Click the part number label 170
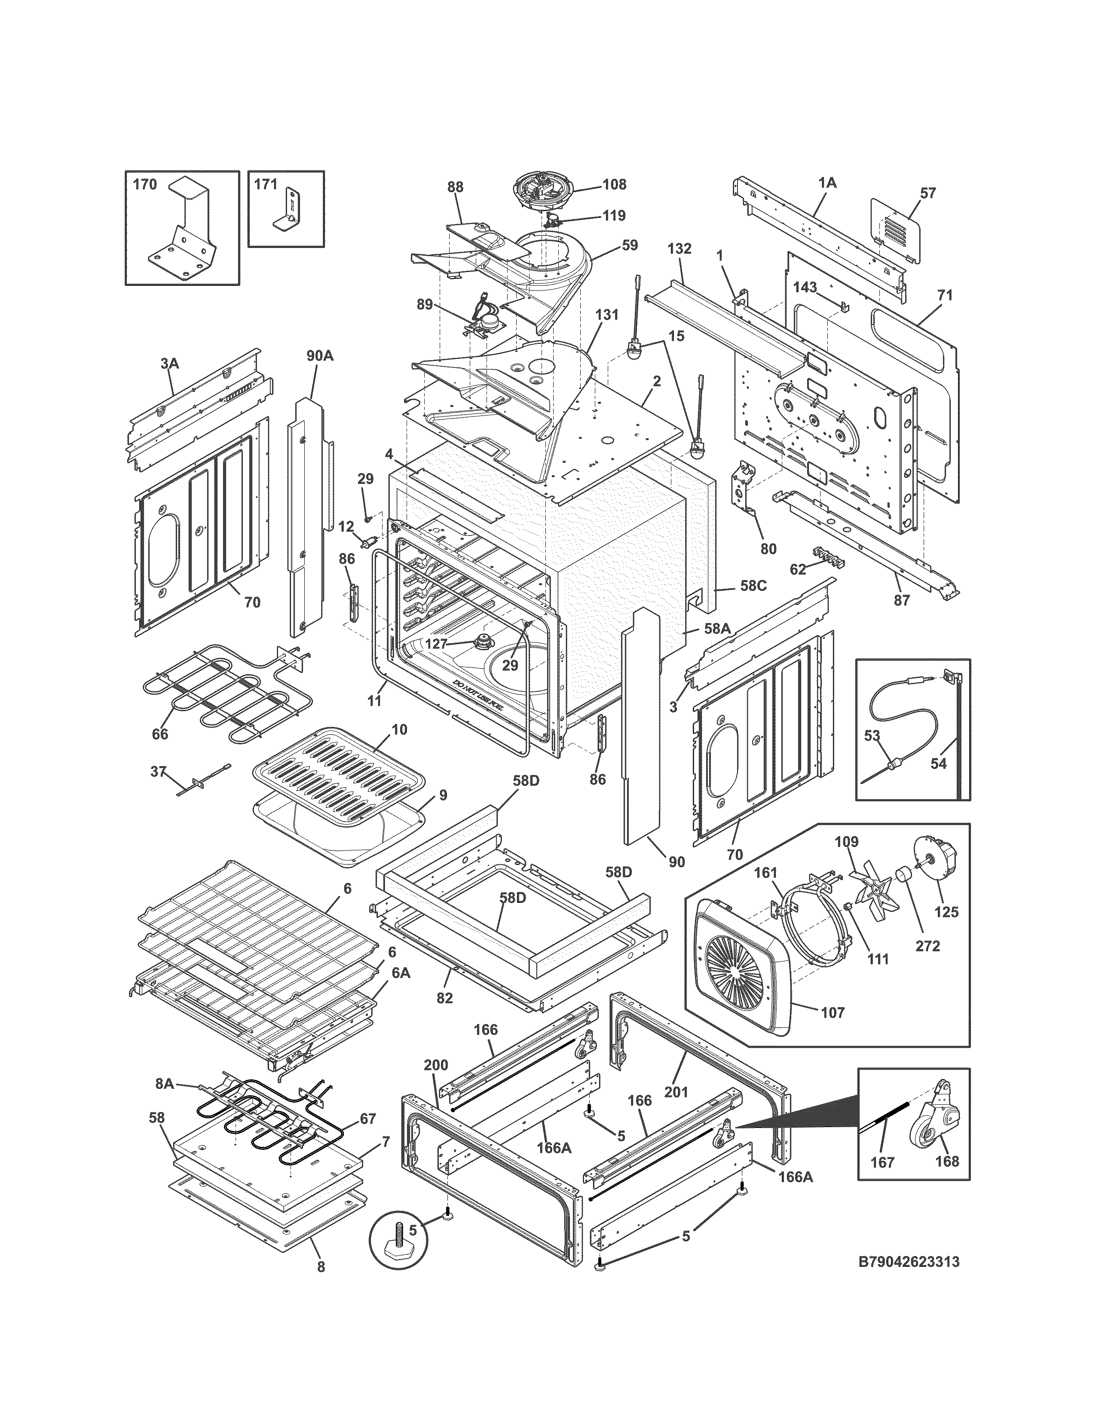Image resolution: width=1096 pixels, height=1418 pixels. [144, 184]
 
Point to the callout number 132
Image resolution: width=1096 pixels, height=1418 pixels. [679, 249]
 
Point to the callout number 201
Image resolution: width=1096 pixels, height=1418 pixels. [676, 1091]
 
